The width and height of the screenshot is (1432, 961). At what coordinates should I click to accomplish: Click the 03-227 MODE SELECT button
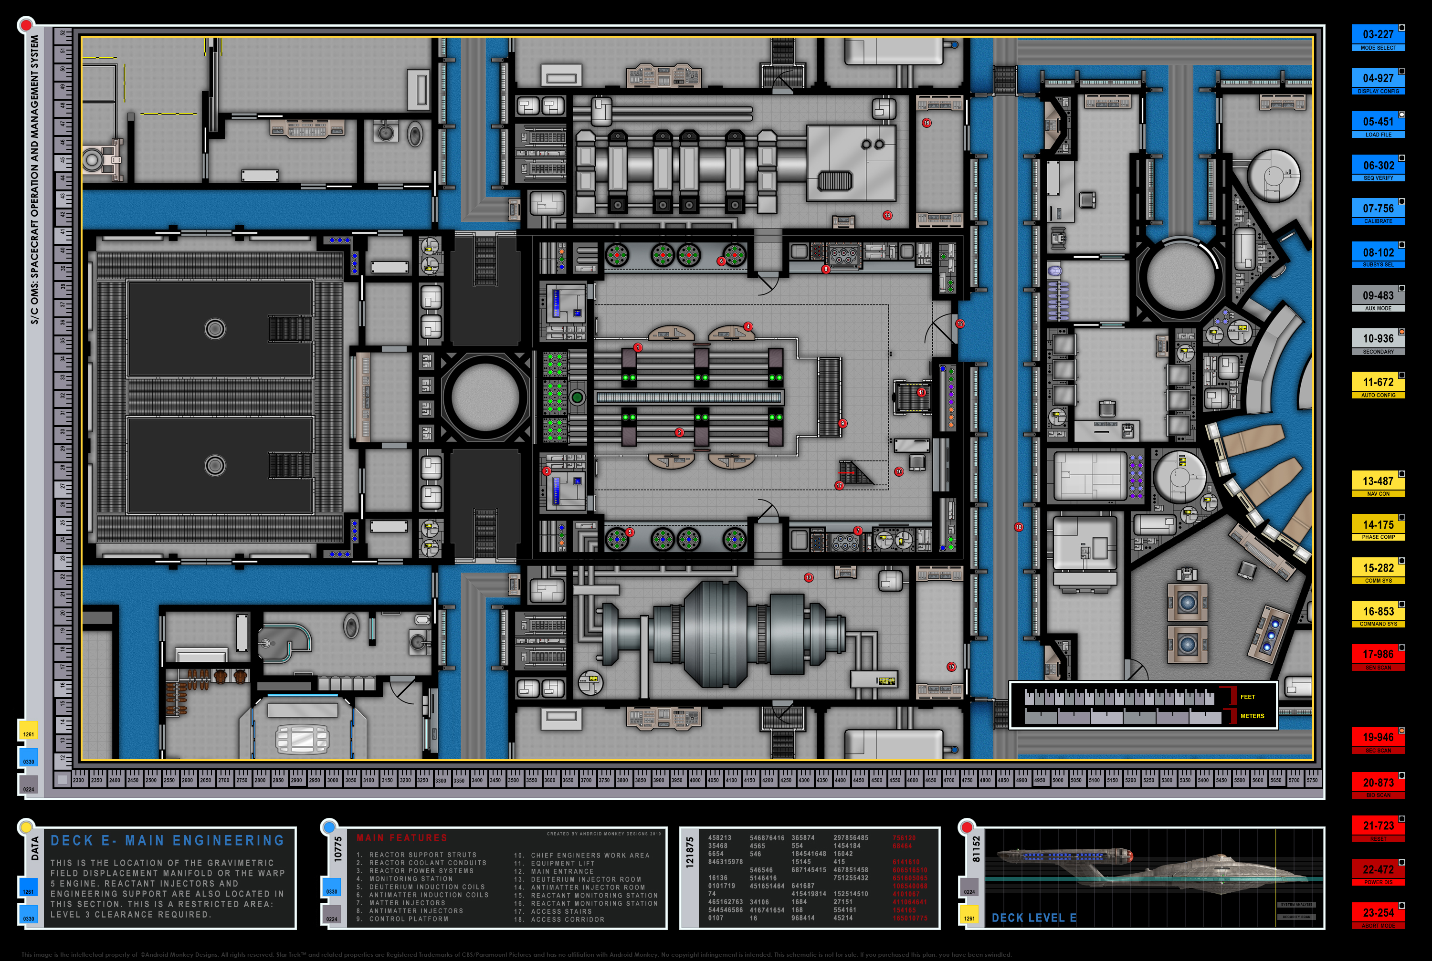click(x=1378, y=37)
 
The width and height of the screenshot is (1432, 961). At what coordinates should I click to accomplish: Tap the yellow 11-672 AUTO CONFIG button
click(x=1378, y=385)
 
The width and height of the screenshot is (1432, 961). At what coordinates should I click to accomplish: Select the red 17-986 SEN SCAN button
click(x=1378, y=657)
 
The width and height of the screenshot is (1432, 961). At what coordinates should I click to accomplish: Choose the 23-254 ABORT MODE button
click(x=1378, y=915)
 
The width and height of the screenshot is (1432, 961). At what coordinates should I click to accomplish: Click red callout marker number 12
click(x=960, y=324)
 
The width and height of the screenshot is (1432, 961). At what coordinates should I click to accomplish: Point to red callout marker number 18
click(x=1018, y=526)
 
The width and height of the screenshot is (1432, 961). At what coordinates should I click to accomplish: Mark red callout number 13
click(x=809, y=577)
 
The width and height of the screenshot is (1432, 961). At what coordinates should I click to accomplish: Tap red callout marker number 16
click(x=926, y=123)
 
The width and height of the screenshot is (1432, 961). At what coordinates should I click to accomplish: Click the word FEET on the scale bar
click(x=1247, y=697)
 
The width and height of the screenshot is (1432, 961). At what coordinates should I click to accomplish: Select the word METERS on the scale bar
click(x=1252, y=716)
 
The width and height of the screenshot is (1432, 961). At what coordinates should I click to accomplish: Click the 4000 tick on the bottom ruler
click(x=695, y=780)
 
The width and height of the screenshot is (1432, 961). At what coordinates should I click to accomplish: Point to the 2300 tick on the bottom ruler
click(x=78, y=780)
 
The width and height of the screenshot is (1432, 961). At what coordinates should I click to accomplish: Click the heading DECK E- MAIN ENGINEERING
click(x=168, y=840)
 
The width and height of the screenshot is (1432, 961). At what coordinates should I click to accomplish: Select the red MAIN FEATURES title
click(x=401, y=838)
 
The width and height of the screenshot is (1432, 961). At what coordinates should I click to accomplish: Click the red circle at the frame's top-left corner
click(x=26, y=26)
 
